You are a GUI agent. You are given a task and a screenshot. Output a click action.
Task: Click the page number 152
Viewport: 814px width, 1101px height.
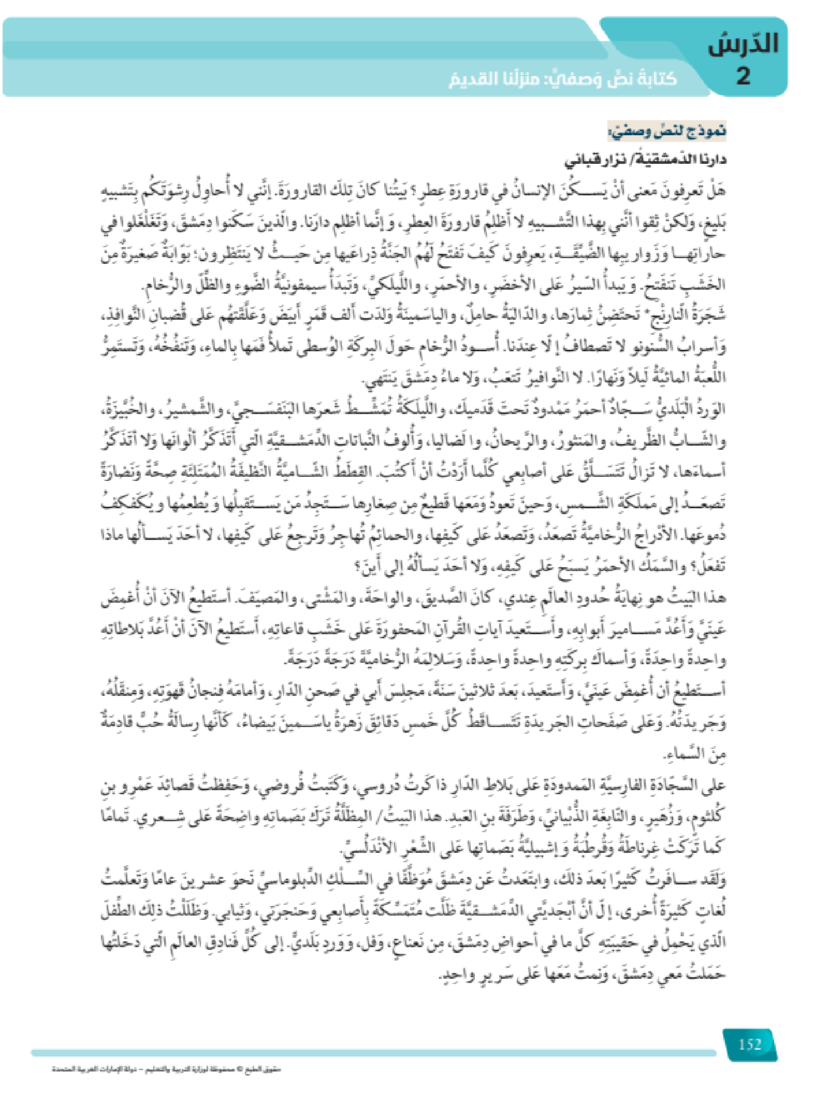(750, 1044)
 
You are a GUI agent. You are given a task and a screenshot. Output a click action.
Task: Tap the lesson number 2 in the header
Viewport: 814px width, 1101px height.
(743, 76)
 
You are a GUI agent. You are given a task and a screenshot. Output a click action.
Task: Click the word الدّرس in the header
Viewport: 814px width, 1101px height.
(743, 44)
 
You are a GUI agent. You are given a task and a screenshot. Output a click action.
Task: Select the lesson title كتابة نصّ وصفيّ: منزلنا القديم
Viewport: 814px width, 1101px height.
(563, 79)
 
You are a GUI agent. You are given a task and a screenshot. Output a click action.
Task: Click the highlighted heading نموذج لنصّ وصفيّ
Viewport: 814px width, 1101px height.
(667, 132)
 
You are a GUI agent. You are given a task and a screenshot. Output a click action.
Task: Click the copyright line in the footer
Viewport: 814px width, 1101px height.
(166, 1069)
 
